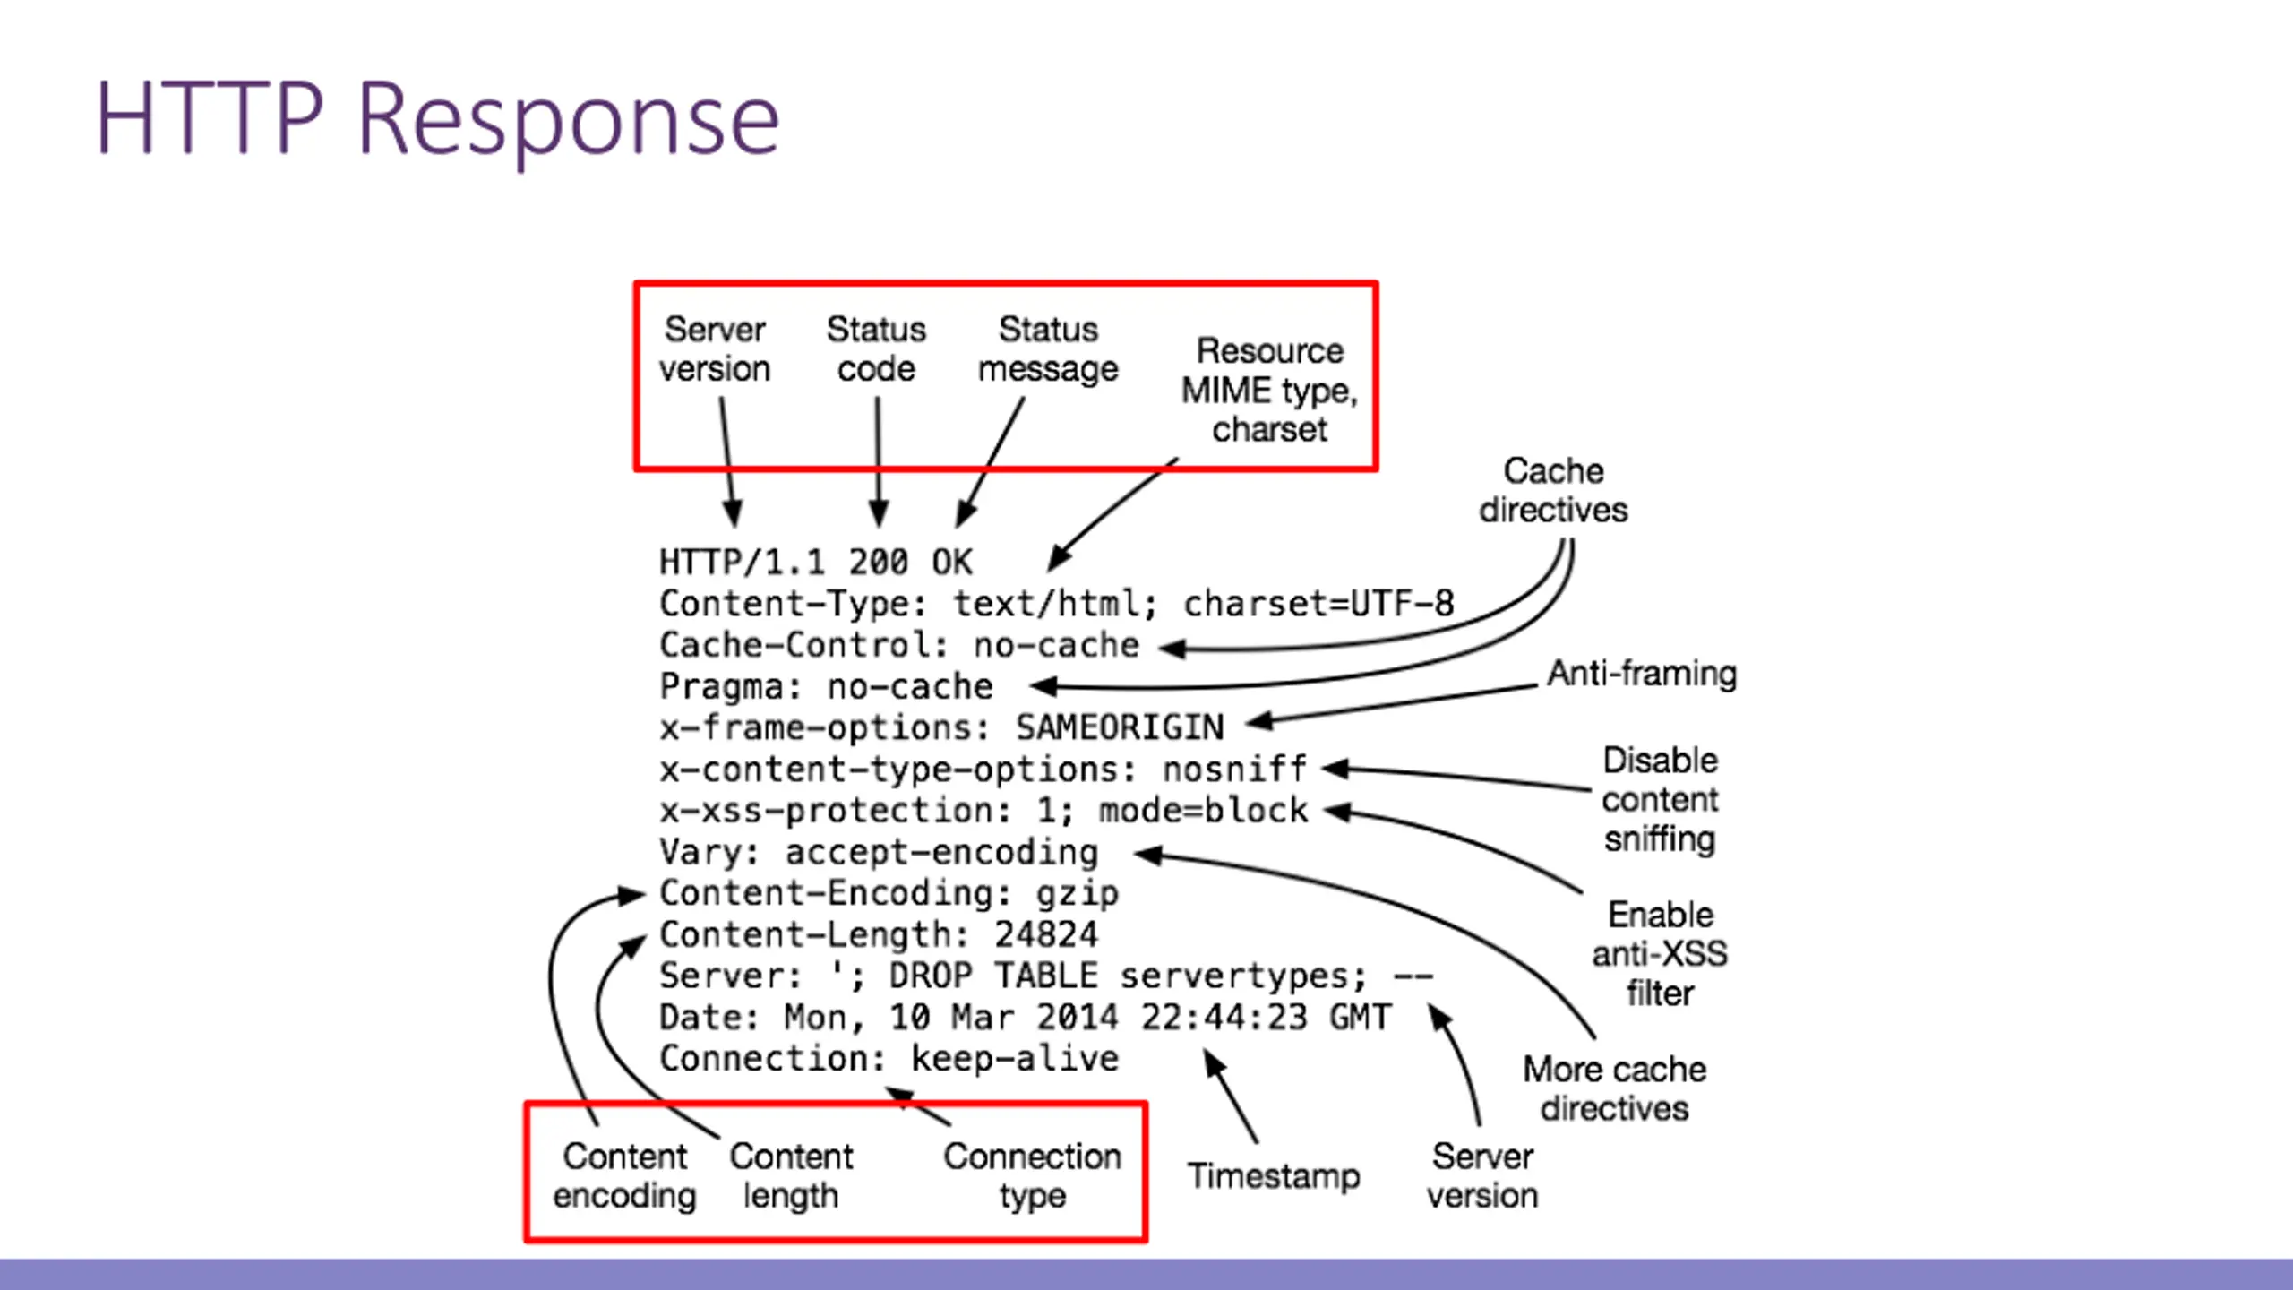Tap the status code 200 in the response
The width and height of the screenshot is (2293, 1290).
click(878, 563)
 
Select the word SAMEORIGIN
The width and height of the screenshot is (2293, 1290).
click(1120, 727)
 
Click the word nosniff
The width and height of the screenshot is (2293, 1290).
click(1235, 769)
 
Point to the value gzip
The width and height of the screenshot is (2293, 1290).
click(1078, 894)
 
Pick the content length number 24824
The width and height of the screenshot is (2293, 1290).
click(1046, 934)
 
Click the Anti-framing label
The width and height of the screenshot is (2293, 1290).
click(1642, 673)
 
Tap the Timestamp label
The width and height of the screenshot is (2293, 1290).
click(1274, 1176)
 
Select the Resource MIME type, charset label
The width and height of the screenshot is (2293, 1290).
click(1270, 390)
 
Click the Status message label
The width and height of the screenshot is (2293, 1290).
click(1048, 349)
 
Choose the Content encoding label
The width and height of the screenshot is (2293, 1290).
click(624, 1176)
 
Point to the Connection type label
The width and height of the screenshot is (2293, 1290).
click(1032, 1176)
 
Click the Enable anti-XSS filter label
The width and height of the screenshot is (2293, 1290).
click(1660, 954)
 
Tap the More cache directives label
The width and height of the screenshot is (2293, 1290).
click(1615, 1088)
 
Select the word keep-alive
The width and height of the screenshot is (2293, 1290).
click(1015, 1058)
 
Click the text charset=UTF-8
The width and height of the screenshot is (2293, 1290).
click(1318, 604)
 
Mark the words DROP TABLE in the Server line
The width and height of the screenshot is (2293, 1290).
click(993, 976)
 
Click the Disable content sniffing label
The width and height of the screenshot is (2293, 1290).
click(1660, 799)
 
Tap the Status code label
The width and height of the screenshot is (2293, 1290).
click(876, 349)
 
